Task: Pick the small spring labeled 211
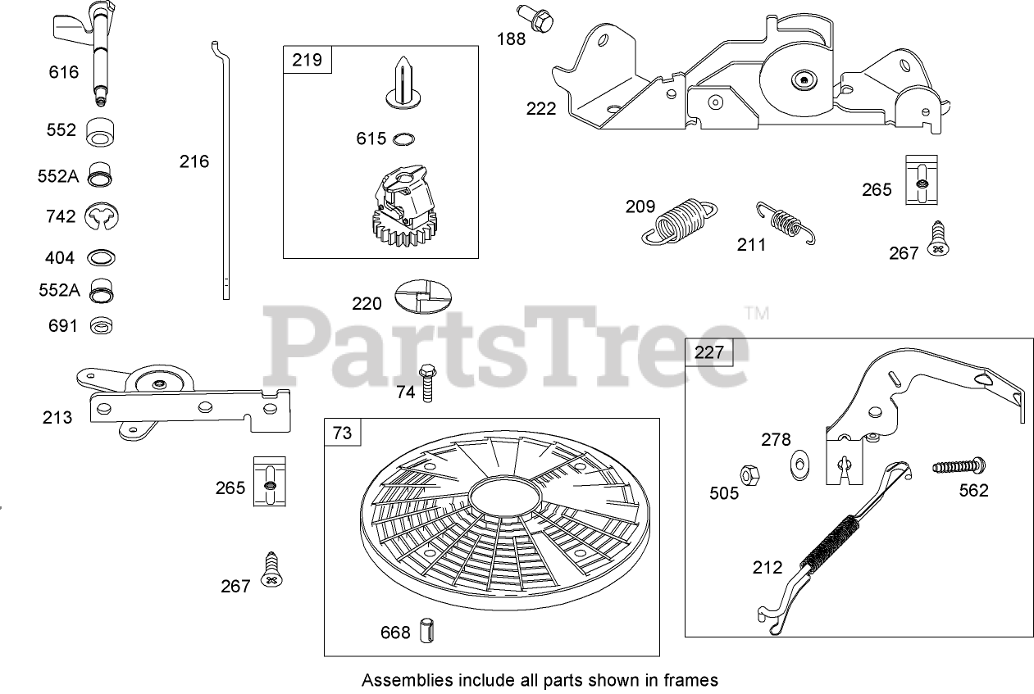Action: [787, 221]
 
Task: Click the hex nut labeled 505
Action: [748, 474]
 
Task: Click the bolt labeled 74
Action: [426, 382]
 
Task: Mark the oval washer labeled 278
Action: [798, 464]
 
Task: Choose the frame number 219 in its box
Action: [298, 60]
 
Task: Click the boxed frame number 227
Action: [709, 352]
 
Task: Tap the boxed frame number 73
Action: [342, 432]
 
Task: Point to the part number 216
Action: [194, 161]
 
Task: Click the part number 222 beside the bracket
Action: [540, 108]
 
